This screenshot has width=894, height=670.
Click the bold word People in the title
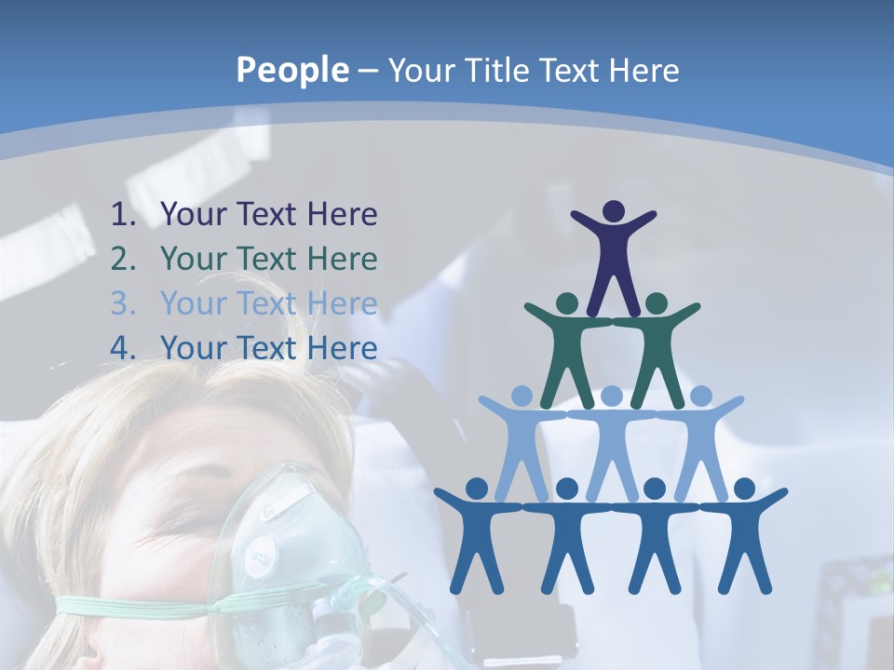tap(291, 71)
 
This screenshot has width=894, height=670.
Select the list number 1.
tap(123, 215)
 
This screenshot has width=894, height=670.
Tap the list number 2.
tap(123, 260)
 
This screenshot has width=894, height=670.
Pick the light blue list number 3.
tap(123, 304)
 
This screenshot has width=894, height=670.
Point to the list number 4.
tap(123, 349)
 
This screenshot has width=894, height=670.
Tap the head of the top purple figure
tap(613, 211)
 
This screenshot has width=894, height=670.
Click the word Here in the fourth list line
tap(342, 349)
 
